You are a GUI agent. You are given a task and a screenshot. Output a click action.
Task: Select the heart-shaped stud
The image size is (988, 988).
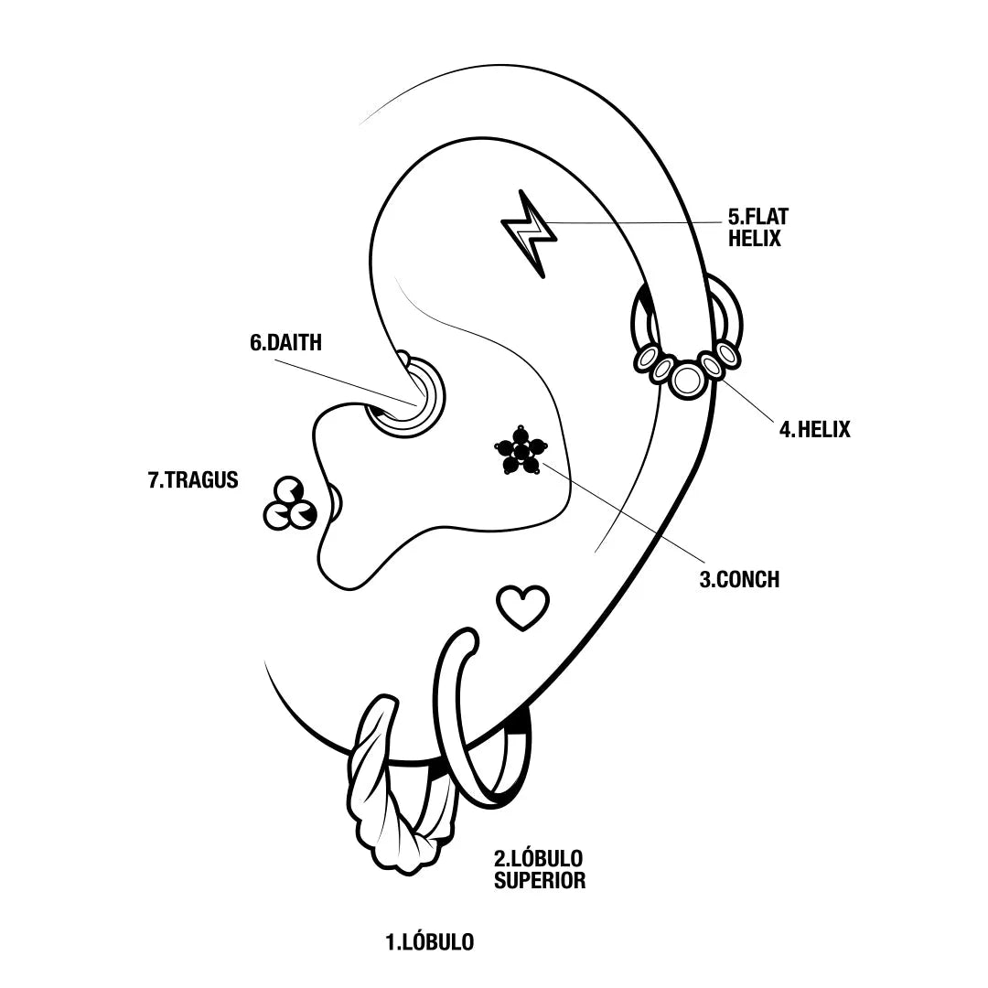(x=522, y=607)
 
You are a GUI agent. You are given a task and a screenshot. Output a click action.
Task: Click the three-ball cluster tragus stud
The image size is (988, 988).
(x=289, y=505)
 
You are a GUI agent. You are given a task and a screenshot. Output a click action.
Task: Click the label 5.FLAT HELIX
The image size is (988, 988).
(x=757, y=228)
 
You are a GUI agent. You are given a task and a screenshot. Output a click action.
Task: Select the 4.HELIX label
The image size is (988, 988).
(x=814, y=428)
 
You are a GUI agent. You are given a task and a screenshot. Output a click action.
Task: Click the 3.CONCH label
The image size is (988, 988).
(x=739, y=579)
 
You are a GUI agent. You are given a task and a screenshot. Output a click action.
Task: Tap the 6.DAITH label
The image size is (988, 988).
(x=285, y=343)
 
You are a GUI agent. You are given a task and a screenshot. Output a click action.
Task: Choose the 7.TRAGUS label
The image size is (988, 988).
(x=193, y=479)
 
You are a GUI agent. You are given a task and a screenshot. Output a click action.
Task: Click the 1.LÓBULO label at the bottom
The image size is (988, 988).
(x=430, y=941)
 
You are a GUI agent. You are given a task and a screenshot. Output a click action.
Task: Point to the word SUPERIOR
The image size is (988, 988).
(x=539, y=881)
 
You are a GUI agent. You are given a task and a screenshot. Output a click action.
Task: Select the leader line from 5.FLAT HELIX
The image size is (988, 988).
(x=640, y=222)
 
